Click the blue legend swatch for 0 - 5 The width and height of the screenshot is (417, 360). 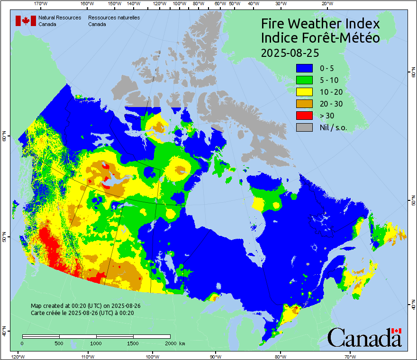pyautogui.click(x=304, y=68)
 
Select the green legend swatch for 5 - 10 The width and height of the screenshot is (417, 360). pyautogui.click(x=304, y=80)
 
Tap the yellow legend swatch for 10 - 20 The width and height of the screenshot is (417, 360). pyautogui.click(x=304, y=92)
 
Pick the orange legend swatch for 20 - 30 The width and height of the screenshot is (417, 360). pyautogui.click(x=304, y=104)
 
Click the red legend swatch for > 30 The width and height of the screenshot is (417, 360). pyautogui.click(x=304, y=116)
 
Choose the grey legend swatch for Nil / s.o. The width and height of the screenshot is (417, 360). pyautogui.click(x=304, y=127)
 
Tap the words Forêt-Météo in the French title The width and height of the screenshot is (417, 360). pyautogui.click(x=342, y=38)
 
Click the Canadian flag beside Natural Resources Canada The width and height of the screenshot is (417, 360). pyautogui.click(x=26, y=20)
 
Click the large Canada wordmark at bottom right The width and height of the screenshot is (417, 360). pyautogui.click(x=364, y=338)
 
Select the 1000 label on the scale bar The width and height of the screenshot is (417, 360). pyautogui.click(x=96, y=343)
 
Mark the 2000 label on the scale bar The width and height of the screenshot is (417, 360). pyautogui.click(x=169, y=343)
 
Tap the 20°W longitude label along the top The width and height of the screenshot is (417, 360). pyautogui.click(x=326, y=4)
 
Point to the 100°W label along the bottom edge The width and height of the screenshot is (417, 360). pyautogui.click(x=152, y=356)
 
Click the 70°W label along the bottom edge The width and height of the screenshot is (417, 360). pyautogui.click(x=350, y=356)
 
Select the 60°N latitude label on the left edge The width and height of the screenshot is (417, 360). pyautogui.click(x=4, y=138)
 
